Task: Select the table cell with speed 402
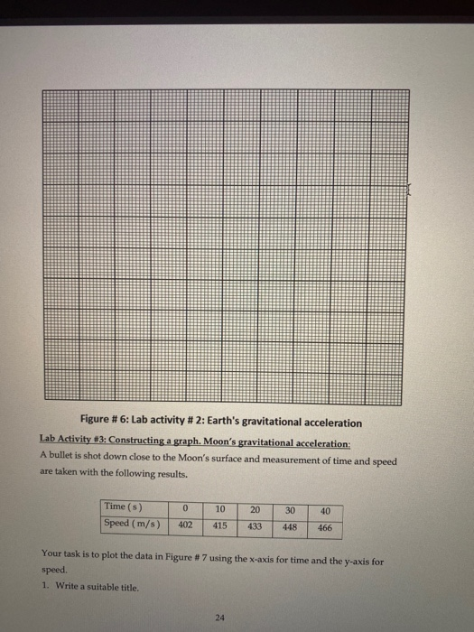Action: tap(184, 523)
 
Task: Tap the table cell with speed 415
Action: tap(219, 524)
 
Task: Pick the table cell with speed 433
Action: tap(255, 525)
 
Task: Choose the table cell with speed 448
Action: tap(289, 525)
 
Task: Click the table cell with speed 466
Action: tap(325, 526)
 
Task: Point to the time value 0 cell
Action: tap(184, 508)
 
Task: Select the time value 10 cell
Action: tap(219, 509)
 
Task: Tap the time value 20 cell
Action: tap(255, 510)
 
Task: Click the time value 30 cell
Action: tap(289, 511)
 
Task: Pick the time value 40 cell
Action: tap(325, 512)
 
